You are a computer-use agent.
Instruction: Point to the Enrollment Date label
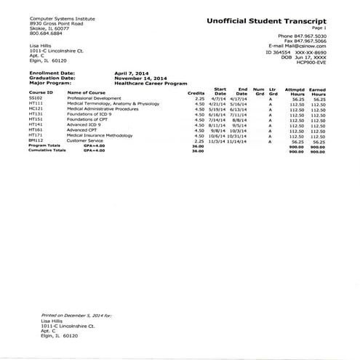click(54, 72)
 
